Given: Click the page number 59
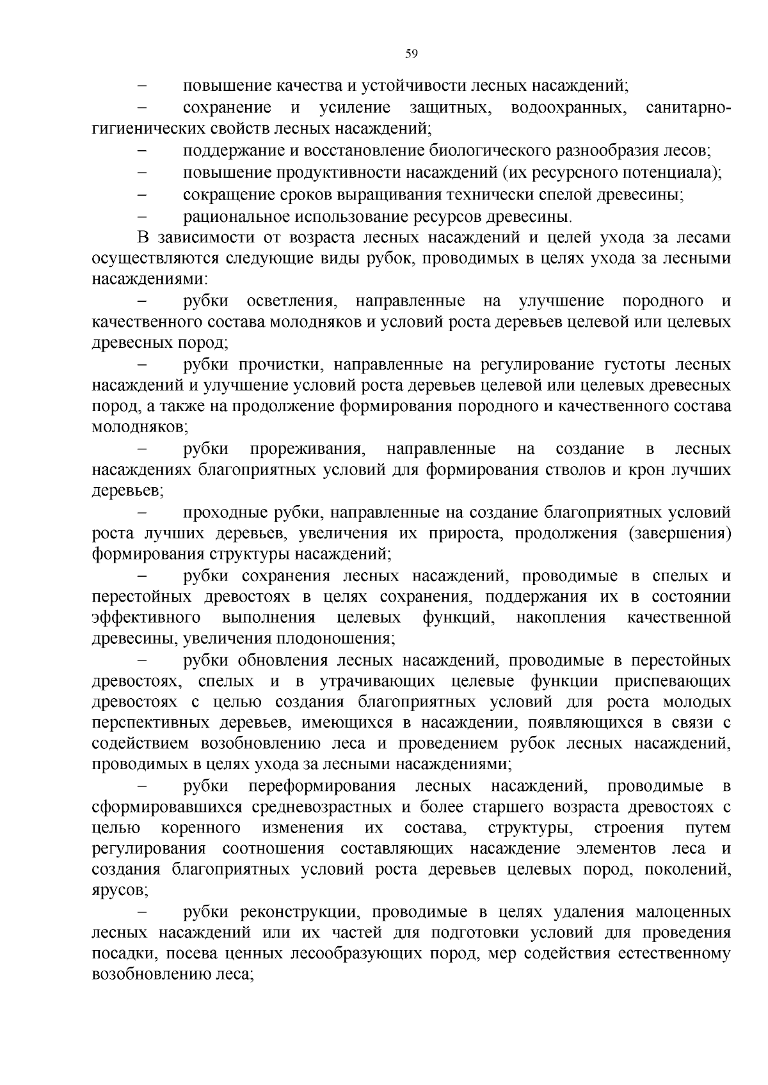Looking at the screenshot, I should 412,54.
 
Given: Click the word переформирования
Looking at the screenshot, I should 322,786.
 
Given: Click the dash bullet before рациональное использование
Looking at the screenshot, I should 142,216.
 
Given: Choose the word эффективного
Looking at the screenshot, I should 147,618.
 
